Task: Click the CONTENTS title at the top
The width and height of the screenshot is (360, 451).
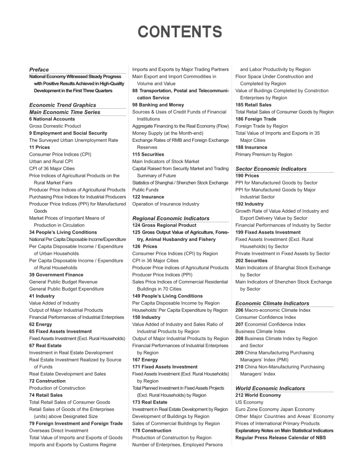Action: coord(179,31)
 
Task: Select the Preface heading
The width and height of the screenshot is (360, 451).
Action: coord(39,69)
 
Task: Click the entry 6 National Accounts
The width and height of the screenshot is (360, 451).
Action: coord(52,119)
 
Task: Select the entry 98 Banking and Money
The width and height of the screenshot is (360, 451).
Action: coord(158,105)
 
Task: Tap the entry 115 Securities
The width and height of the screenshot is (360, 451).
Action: coord(148,154)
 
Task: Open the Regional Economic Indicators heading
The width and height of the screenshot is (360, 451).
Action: coord(170,218)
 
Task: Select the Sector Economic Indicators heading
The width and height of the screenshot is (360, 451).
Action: coord(271,168)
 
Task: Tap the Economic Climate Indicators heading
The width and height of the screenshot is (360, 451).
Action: coord(272,303)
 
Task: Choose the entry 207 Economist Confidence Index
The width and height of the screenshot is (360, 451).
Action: coord(271,324)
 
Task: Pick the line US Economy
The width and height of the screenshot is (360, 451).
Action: coord(249,402)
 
